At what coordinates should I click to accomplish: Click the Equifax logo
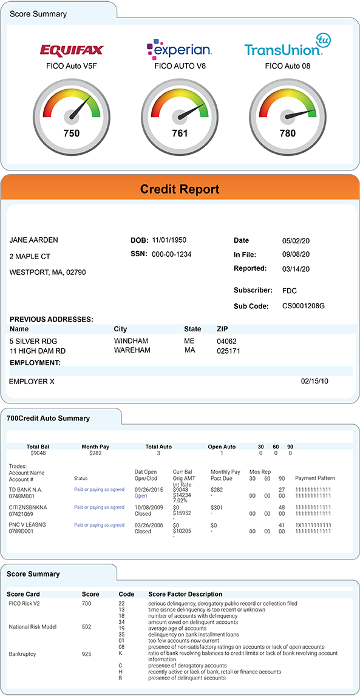tap(72, 50)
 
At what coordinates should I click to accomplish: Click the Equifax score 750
tap(72, 133)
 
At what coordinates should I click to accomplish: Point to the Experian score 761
tap(180, 133)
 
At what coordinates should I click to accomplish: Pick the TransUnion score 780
tap(287, 133)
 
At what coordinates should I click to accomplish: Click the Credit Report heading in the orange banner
tap(180, 189)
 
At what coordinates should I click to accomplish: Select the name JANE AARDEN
tap(34, 240)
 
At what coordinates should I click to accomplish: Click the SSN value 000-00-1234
tap(171, 254)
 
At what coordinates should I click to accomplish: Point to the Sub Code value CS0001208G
tap(304, 306)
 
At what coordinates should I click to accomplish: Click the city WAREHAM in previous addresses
tap(132, 351)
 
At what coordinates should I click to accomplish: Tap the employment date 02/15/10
tap(314, 382)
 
